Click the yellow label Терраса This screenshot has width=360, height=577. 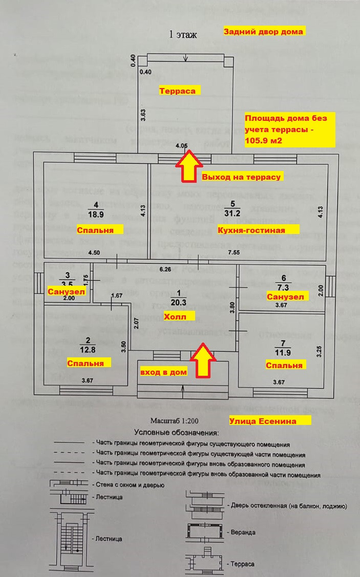[178, 91]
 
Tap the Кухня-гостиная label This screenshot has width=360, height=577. [251, 230]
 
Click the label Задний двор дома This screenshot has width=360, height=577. [264, 31]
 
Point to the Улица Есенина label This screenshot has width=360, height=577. [270, 421]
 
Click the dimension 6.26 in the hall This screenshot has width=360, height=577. [165, 268]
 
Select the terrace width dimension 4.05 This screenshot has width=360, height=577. [182, 146]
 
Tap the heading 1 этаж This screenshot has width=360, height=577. [183, 35]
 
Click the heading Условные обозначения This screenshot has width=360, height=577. [176, 433]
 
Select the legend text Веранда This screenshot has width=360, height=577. [243, 532]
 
